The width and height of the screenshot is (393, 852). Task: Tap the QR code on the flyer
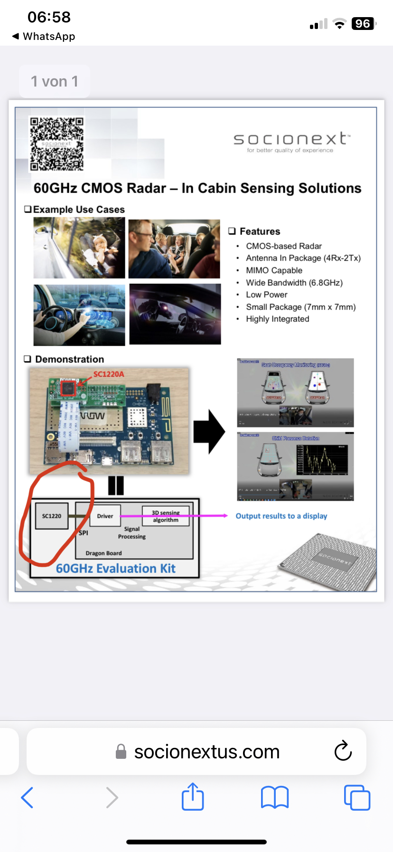point(56,144)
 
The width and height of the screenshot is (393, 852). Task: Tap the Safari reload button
point(343,751)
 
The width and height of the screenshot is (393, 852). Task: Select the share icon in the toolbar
point(193,797)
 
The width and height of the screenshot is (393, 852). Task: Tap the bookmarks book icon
point(275,797)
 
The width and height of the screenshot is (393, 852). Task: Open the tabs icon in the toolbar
point(356,797)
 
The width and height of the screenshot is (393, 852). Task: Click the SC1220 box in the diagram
point(52,516)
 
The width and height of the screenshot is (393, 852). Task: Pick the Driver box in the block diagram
point(105,516)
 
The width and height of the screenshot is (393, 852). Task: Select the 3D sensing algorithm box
point(166,516)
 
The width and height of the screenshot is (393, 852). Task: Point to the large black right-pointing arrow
point(209,432)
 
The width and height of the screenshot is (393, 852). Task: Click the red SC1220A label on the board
point(109,374)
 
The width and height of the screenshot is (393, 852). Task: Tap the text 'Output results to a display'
point(281,516)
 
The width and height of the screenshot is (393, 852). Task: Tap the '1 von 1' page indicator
point(55,81)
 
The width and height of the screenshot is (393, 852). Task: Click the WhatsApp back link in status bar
point(44,36)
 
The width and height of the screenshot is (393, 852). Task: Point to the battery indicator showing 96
point(363,24)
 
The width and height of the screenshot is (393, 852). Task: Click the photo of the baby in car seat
point(79,248)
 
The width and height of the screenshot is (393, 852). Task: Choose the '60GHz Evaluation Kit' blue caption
point(115,568)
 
